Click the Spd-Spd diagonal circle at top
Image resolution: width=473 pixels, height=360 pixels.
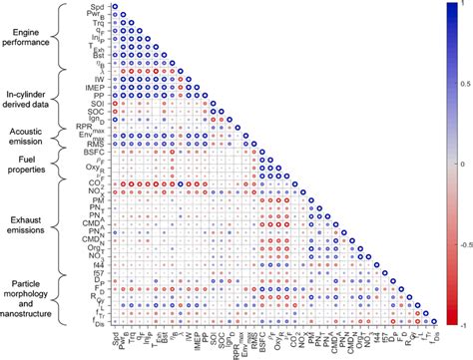click(113, 7)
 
